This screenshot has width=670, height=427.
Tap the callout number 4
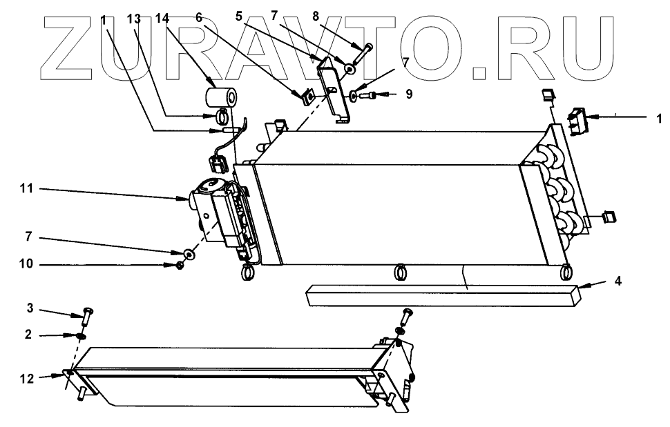618,281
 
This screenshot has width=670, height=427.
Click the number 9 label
409,95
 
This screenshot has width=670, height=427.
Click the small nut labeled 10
180,264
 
